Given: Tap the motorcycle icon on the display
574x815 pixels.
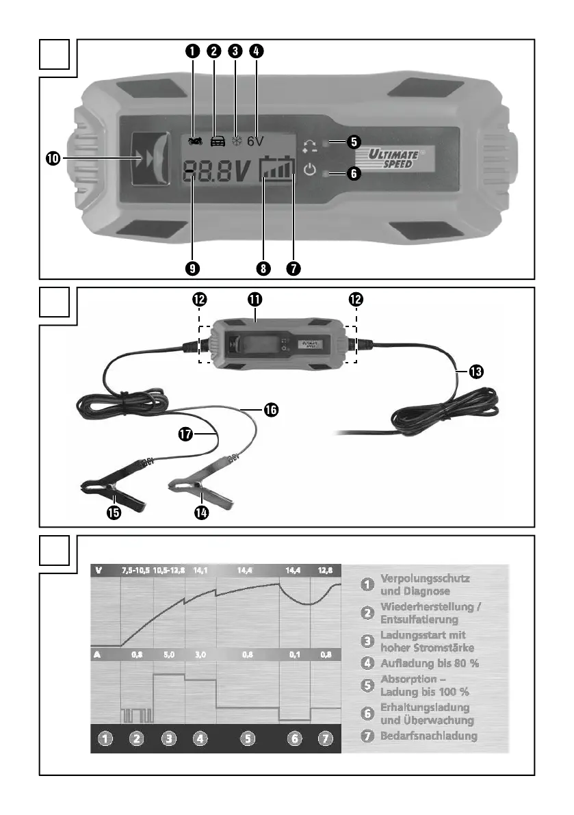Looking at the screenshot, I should pyautogui.click(x=194, y=141).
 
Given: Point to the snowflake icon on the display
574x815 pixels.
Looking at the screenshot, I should pyautogui.click(x=237, y=141).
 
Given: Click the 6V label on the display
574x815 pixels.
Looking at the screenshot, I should pyautogui.click(x=255, y=141).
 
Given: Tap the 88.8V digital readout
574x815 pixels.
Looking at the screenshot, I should pyautogui.click(x=216, y=173).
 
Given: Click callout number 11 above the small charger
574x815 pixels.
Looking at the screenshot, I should pyautogui.click(x=255, y=299).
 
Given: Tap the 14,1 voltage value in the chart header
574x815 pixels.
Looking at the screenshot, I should pyautogui.click(x=201, y=569).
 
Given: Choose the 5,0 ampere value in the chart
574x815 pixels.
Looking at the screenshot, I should pyautogui.click(x=169, y=654).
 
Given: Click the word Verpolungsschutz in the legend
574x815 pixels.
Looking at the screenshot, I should pyautogui.click(x=425, y=578).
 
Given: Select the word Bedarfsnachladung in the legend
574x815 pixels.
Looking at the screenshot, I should pyautogui.click(x=428, y=736).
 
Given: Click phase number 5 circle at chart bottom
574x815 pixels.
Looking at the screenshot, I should pyautogui.click(x=248, y=738).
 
